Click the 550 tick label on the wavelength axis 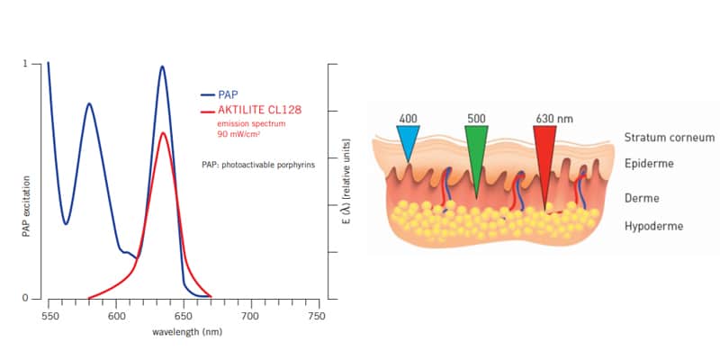(49, 316)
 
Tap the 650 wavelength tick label (183, 316)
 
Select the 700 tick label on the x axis (249, 316)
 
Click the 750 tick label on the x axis (316, 316)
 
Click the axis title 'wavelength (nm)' (182, 331)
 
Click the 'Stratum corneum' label (669, 138)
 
